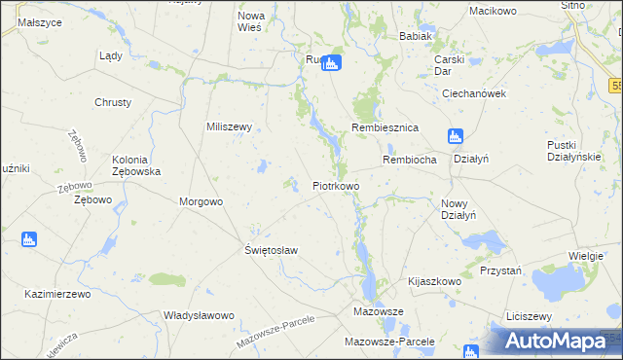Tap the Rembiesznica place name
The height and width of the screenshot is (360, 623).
pos(385,127)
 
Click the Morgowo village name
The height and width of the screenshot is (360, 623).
pos(202,201)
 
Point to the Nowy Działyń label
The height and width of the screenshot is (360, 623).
pos(458,209)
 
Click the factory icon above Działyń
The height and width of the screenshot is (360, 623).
pos(456,136)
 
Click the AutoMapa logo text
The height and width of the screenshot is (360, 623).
pos(563,342)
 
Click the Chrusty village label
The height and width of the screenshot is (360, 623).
pos(113,102)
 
